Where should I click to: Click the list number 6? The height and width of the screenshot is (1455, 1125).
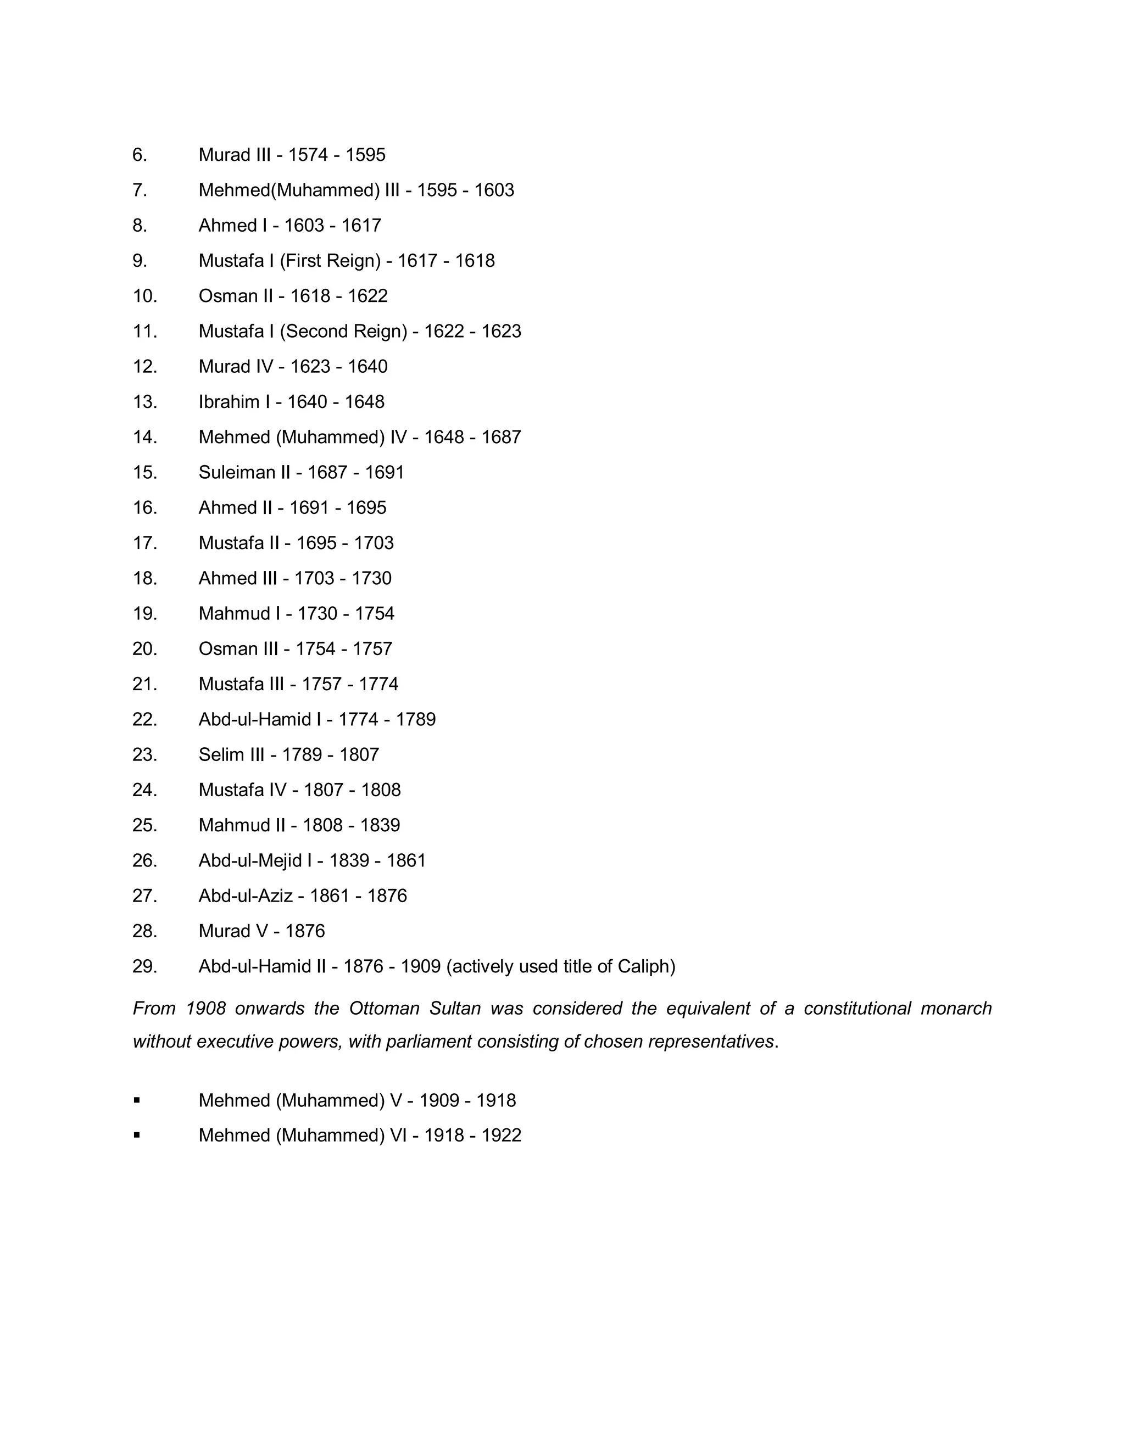(x=140, y=155)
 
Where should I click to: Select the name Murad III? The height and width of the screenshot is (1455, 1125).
(x=235, y=155)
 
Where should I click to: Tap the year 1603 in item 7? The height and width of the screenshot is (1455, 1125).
(x=494, y=191)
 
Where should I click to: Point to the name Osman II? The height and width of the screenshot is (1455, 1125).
(x=235, y=296)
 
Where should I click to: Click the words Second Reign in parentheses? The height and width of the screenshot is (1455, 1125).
(x=343, y=332)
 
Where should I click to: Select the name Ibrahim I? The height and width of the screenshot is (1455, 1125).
(x=234, y=402)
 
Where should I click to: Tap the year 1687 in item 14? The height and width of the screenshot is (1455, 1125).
(x=501, y=438)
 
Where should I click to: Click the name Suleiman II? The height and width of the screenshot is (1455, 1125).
(x=244, y=473)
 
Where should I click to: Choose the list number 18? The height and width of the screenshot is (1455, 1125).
(x=144, y=578)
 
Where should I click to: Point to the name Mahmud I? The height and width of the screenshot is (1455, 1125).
(x=238, y=614)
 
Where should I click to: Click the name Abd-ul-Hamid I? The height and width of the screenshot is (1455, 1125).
(x=259, y=719)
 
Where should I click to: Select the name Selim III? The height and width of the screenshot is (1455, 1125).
(x=231, y=755)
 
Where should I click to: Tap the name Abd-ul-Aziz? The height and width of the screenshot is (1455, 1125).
(x=245, y=896)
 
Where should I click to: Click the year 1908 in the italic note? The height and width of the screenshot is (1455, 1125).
(x=206, y=1009)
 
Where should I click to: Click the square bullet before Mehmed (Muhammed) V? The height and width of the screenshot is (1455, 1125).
(x=137, y=1100)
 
